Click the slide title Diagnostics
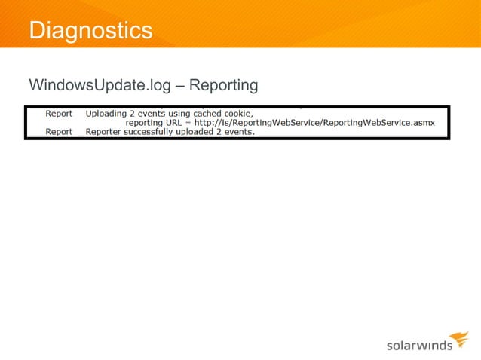coord(90,30)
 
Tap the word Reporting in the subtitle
coord(223,85)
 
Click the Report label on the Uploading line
coord(59,114)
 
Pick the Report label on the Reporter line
coord(59,131)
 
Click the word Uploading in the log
coord(107,114)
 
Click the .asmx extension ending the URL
coord(422,123)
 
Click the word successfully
coord(158,131)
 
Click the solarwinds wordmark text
coord(419,346)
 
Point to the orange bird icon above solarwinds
coord(458,338)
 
